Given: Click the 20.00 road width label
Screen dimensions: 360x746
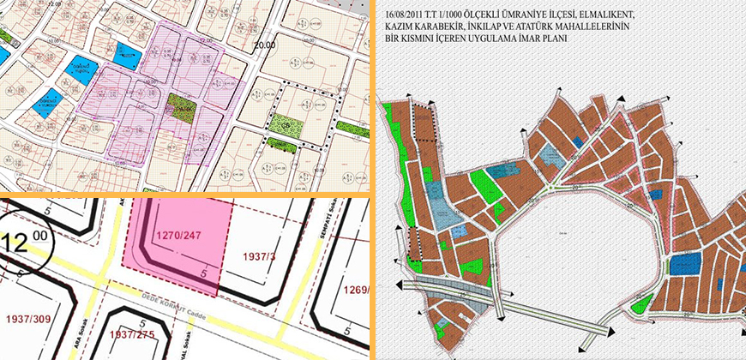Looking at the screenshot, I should coord(265,45).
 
